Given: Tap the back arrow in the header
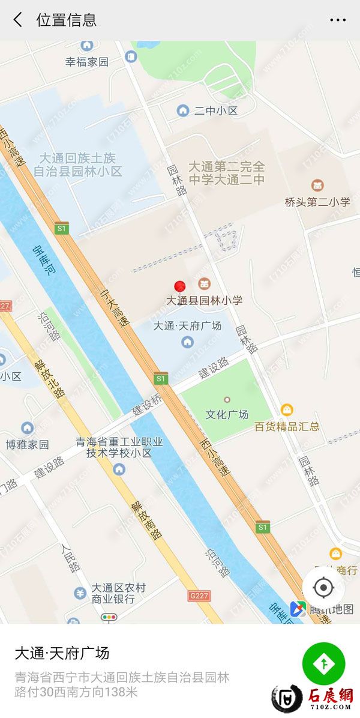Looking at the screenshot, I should click(18, 20).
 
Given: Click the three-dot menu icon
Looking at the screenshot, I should click(338, 20).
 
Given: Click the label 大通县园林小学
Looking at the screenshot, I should click(205, 300).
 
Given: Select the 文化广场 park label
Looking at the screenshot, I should click(227, 414).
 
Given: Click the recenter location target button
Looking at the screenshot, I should click(323, 587).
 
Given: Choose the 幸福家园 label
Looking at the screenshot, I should click(87, 61).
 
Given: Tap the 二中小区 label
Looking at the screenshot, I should click(216, 110).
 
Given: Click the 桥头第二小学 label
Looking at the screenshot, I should click(317, 202).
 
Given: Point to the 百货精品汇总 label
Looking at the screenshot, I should click(287, 426).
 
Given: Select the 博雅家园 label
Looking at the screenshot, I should click(28, 444).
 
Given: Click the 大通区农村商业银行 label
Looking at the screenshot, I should click(118, 593).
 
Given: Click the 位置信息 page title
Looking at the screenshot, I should click(66, 20).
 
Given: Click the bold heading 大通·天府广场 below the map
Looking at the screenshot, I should click(62, 653).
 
